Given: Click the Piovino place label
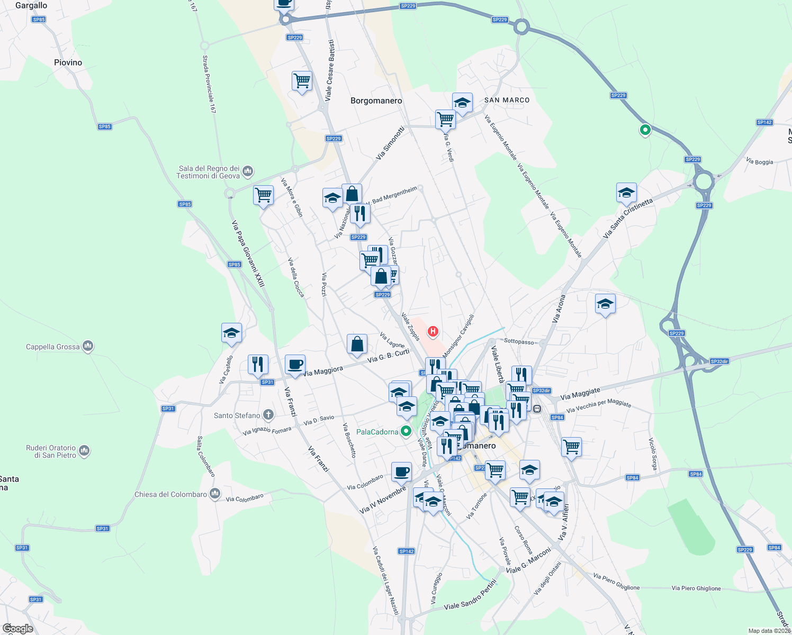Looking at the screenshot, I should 68,62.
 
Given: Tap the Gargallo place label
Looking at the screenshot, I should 31,6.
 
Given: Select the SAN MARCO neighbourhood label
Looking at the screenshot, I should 507,100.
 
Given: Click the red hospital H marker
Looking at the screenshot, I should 433,332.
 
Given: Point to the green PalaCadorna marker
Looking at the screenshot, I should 406,431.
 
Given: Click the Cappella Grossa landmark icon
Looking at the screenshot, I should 88,347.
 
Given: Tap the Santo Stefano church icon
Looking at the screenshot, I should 268,415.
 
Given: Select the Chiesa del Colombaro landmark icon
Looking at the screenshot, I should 214,494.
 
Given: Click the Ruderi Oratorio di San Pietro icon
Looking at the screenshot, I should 84,451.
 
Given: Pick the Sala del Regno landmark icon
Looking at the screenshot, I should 248,171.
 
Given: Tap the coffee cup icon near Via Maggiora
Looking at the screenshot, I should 295,364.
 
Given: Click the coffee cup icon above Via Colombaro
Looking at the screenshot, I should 401,471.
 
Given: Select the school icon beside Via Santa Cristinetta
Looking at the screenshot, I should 626,193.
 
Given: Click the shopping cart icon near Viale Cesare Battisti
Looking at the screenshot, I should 302,81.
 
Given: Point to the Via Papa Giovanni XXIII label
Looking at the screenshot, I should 248,254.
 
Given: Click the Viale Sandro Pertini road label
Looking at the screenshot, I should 470,595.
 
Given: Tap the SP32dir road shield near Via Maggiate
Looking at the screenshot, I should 541,391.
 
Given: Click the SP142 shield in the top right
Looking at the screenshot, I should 764,122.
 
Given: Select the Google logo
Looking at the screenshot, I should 18,628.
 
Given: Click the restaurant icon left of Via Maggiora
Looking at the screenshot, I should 258,365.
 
